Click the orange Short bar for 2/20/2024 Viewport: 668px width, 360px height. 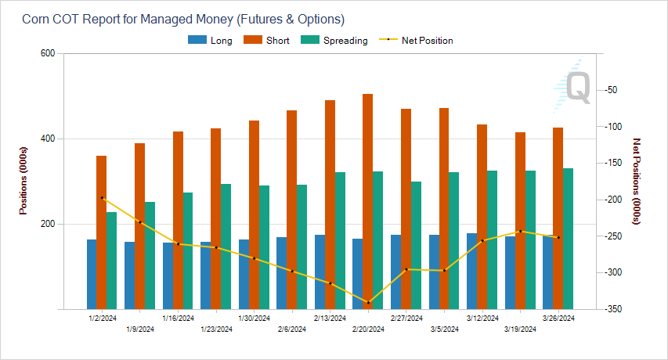pyautogui.click(x=367, y=201)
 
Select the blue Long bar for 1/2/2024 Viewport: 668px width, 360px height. pyautogui.click(x=92, y=274)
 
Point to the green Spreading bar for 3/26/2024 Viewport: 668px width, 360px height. pyautogui.click(x=568, y=238)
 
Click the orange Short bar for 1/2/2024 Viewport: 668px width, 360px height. pyautogui.click(x=101, y=232)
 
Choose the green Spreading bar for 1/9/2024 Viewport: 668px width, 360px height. pyautogui.click(x=150, y=255)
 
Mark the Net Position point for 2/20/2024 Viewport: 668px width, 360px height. pyautogui.click(x=367, y=302)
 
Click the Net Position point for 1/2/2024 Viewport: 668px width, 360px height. pyautogui.click(x=102, y=198)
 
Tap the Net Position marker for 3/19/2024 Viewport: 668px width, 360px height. pyautogui.click(x=520, y=231)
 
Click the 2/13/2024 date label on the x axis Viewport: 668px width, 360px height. pyautogui.click(x=330, y=319)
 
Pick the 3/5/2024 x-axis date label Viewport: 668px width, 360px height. pyautogui.click(x=443, y=329)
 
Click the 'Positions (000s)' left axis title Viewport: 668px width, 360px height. pyautogui.click(x=23, y=181)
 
